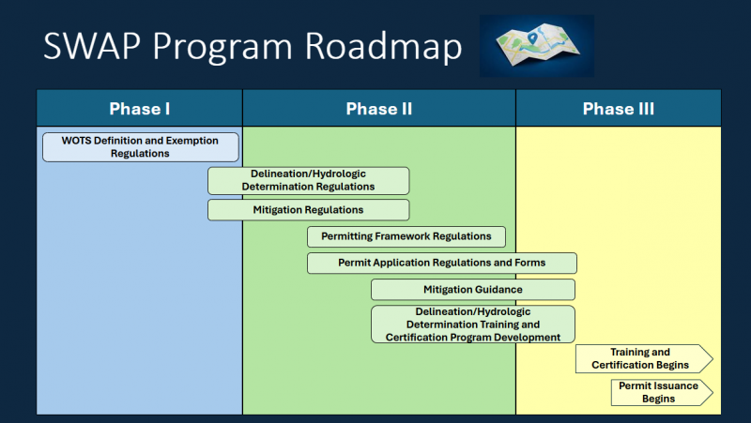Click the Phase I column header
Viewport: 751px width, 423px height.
[140, 109]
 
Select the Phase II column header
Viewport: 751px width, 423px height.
[379, 109]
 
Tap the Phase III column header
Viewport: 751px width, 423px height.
[619, 109]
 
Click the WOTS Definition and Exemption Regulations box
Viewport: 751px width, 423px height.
[140, 147]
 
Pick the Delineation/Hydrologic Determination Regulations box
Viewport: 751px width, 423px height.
[308, 181]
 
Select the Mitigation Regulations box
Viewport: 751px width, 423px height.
[308, 210]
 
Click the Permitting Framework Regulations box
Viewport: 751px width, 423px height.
[406, 236]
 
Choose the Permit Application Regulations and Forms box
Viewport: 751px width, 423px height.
[441, 263]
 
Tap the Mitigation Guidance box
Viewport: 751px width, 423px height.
[472, 290]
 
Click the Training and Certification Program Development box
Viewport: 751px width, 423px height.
[472, 325]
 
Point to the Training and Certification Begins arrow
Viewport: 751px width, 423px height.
[643, 359]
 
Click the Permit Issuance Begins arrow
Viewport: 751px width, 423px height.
[660, 392]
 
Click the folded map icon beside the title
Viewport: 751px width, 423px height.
[536, 46]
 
